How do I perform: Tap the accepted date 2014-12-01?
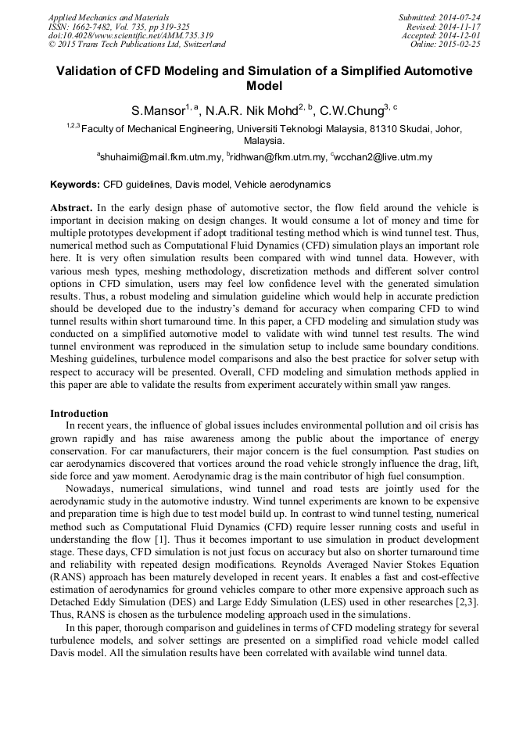coord(462,35)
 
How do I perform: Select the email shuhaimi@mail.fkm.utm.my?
coord(161,157)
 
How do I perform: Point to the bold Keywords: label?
coord(75,185)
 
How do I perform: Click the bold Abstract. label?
coord(72,209)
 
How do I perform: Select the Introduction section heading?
coord(79,413)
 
